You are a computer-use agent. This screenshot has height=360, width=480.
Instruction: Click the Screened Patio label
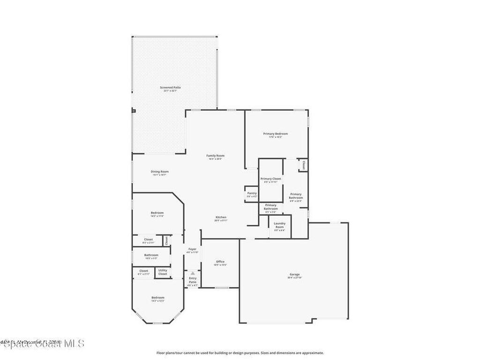[170, 88]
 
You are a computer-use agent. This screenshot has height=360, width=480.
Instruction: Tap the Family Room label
[216, 157]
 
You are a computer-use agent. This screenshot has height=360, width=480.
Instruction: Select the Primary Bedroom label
[275, 135]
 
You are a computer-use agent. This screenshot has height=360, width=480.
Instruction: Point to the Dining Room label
[159, 172]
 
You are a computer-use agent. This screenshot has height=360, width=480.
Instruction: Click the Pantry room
[252, 194]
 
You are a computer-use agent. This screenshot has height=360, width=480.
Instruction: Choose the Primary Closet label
[270, 180]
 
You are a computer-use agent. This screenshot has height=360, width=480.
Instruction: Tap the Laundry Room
[279, 226]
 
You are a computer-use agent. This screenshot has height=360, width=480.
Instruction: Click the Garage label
[294, 275]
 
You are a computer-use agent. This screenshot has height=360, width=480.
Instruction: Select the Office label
[220, 262]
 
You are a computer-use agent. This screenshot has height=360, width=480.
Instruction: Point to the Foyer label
[192, 250]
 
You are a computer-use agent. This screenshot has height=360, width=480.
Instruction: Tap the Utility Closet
[162, 272]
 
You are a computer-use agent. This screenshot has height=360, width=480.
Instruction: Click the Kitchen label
[221, 218]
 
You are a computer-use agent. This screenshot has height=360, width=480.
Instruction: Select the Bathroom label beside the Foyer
[151, 256]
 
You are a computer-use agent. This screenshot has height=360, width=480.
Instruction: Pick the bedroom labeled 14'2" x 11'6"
[157, 214]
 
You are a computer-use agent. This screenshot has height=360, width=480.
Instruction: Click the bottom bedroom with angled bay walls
[157, 299]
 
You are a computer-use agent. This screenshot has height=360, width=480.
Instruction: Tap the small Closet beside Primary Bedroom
[303, 165]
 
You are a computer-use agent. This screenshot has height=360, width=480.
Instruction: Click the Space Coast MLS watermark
[43, 344]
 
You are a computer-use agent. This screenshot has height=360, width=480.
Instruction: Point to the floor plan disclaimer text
[240, 353]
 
